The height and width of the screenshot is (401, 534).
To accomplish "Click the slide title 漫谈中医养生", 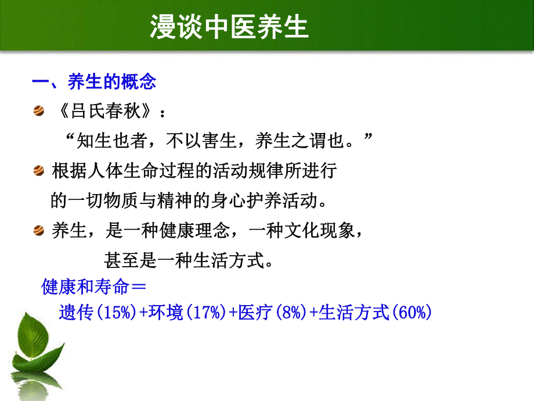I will [x=229, y=27].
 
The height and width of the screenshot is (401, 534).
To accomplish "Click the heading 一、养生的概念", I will [x=93, y=82].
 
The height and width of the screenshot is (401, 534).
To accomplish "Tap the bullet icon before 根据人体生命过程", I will [x=39, y=171].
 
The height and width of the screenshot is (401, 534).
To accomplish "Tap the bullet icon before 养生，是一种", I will [x=39, y=231].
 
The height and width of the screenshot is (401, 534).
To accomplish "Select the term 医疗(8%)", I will [x=268, y=313].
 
